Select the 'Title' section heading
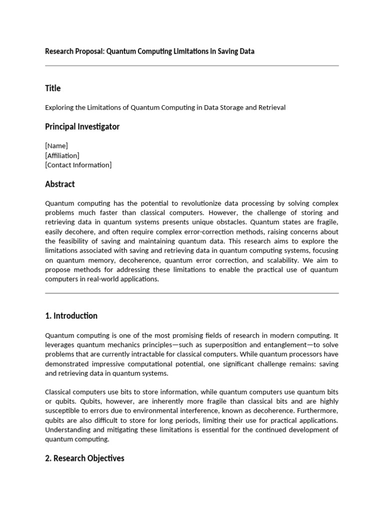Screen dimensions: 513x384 (x=52, y=88)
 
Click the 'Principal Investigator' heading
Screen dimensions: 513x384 (x=82, y=127)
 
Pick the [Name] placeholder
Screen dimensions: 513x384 (x=56, y=146)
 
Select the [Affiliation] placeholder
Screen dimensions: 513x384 (x=62, y=155)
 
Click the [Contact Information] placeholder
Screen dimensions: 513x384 (x=78, y=165)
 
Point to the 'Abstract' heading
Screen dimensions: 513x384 (x=59, y=184)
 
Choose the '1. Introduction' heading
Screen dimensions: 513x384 (x=71, y=316)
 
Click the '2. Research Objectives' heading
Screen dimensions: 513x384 (x=84, y=458)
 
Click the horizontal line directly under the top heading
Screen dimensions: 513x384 (x=191, y=66)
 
